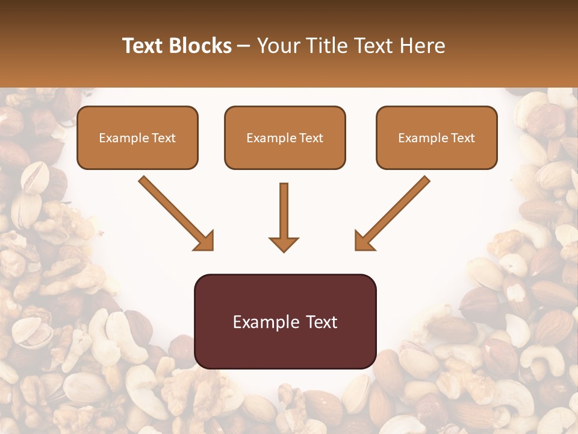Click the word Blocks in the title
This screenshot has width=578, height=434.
199,46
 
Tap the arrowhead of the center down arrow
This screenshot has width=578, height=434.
284,244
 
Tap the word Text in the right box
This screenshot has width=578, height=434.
462,138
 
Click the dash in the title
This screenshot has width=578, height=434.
244,46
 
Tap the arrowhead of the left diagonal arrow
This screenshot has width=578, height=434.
205,241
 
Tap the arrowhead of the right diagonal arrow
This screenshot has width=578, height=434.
364,241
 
